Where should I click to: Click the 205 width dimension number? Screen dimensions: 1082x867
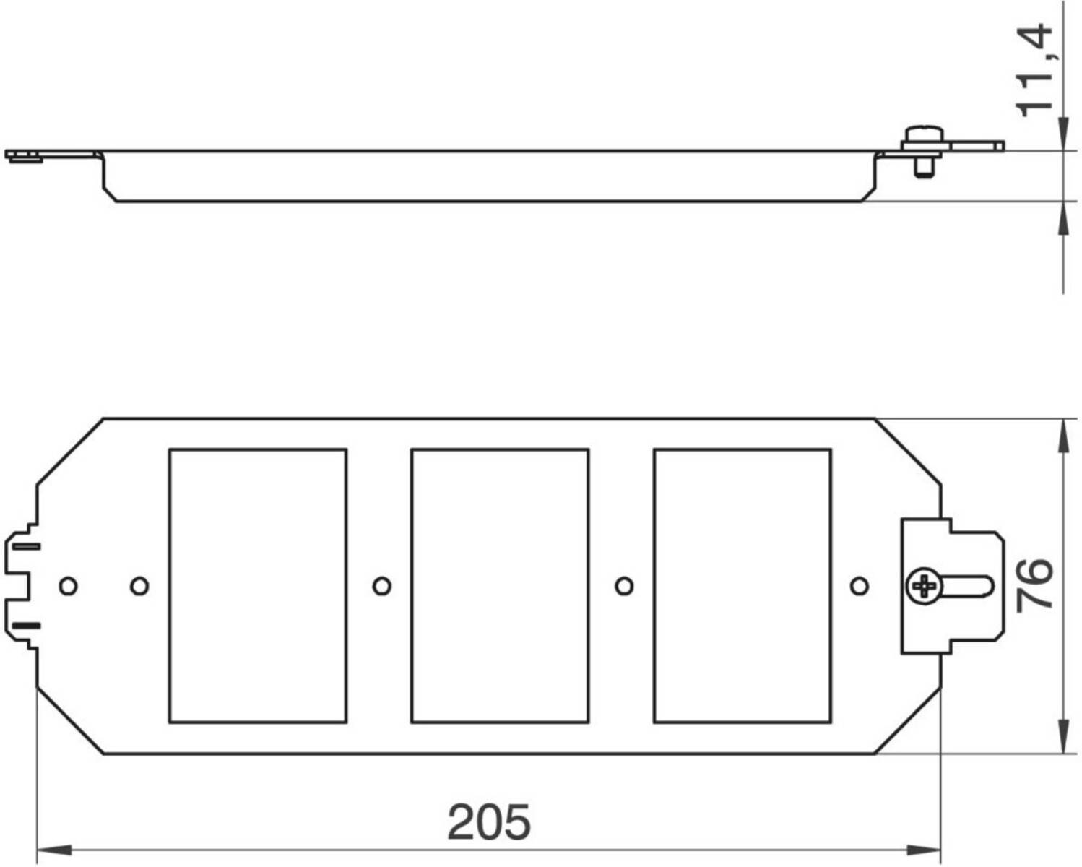[x=489, y=821]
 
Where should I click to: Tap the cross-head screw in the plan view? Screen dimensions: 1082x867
[x=924, y=586]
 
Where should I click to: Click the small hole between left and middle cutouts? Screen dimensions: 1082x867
[x=381, y=586]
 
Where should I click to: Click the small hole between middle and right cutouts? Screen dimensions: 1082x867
[x=624, y=586]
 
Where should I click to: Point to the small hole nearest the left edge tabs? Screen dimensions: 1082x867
[x=68, y=586]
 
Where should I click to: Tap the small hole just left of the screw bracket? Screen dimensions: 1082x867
[x=860, y=586]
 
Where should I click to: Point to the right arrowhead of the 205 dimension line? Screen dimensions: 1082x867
[x=923, y=850]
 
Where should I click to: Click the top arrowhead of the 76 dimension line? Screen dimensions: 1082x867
[x=1063, y=436]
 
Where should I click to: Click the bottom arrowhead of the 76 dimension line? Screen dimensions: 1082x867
[x=1063, y=736]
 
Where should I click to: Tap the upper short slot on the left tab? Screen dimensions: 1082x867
[x=27, y=547]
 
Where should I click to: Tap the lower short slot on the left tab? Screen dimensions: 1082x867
[x=27, y=626]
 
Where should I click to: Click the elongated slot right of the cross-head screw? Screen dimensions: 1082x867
[x=966, y=587]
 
